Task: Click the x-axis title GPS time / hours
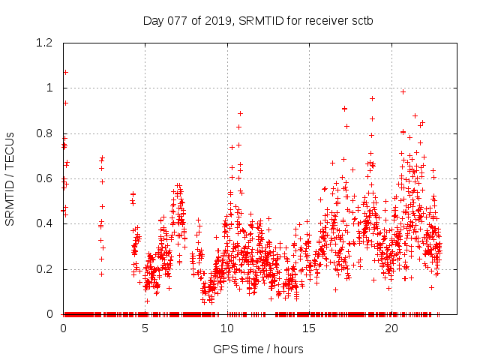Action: pos(259,349)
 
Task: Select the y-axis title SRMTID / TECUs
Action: pos(10,178)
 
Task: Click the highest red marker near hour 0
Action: pos(65,72)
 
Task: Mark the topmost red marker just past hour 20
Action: pos(403,91)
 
